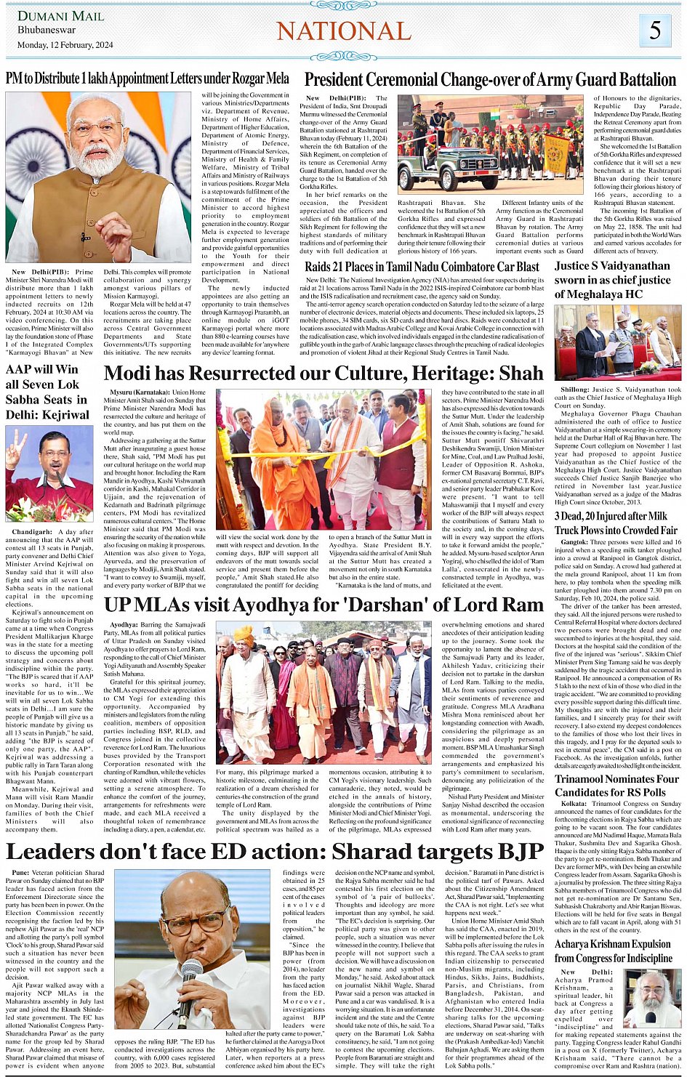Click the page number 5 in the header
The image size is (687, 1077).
655,30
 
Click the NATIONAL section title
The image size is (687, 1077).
344,31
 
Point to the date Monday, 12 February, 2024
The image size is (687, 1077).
65,45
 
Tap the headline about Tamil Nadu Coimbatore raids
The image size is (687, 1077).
422,267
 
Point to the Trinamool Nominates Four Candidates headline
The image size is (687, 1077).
616,786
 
